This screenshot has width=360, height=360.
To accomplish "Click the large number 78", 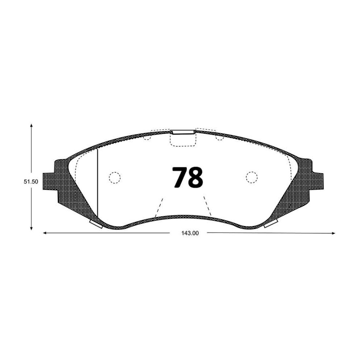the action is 188,177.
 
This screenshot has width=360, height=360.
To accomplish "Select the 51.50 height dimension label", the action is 31,182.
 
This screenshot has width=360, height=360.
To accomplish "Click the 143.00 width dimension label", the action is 190,233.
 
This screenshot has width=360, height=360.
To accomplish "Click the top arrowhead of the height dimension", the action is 31,125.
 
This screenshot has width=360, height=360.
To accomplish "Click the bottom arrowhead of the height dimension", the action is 31,228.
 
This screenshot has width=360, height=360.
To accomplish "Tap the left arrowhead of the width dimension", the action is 45,233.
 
